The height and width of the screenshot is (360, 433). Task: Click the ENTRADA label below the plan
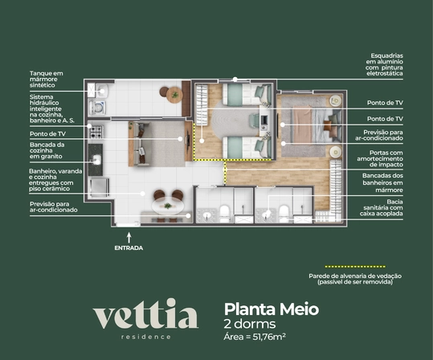point(129,247)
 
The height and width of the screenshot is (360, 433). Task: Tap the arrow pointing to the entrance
point(129,238)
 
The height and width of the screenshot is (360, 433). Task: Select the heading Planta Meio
point(272,309)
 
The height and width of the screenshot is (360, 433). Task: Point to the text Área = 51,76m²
point(255,337)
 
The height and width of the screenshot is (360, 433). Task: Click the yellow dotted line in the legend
point(355,267)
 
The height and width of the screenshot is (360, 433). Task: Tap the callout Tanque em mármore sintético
point(47,80)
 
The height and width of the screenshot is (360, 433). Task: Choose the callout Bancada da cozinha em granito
point(47,150)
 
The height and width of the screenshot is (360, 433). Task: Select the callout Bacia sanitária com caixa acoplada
point(382,207)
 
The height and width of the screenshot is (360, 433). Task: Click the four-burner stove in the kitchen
point(96,132)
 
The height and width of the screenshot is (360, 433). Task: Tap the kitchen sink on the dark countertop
point(96,160)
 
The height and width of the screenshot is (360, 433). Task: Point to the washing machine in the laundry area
point(97,108)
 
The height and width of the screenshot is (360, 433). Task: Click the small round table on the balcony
point(174,95)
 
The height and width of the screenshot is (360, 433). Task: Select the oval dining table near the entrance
point(168,206)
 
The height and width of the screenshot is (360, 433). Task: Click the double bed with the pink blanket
point(317,125)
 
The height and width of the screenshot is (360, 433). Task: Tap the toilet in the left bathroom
point(224,213)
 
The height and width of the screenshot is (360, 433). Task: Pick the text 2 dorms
point(250,324)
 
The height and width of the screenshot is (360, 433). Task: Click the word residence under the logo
point(146,337)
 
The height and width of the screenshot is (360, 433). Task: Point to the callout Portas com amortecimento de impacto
point(380,158)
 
